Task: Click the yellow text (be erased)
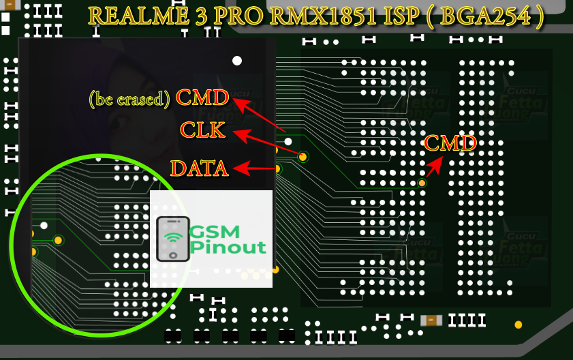point(129,100)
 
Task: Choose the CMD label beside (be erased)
point(202,97)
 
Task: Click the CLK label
point(202,130)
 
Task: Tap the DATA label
point(199,168)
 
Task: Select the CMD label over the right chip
point(450,143)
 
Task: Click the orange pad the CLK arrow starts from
point(303,157)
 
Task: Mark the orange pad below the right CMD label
point(422,183)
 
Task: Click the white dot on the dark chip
point(237,61)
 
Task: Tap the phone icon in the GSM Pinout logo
point(173,239)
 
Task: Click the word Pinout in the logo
point(228,246)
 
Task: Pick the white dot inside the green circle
point(44,225)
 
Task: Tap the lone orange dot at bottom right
point(518,325)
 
